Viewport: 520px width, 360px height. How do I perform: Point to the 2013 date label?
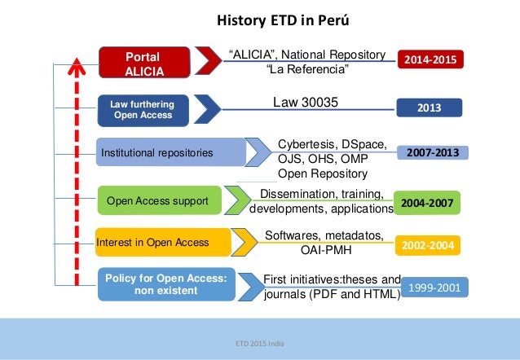pyautogui.click(x=429, y=108)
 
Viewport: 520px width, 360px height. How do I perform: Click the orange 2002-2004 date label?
pyautogui.click(x=427, y=244)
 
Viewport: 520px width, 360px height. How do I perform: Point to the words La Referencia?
pyautogui.click(x=306, y=70)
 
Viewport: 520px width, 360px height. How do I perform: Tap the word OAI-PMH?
pyautogui.click(x=325, y=251)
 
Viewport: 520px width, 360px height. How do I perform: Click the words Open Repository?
pyautogui.click(x=323, y=173)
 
